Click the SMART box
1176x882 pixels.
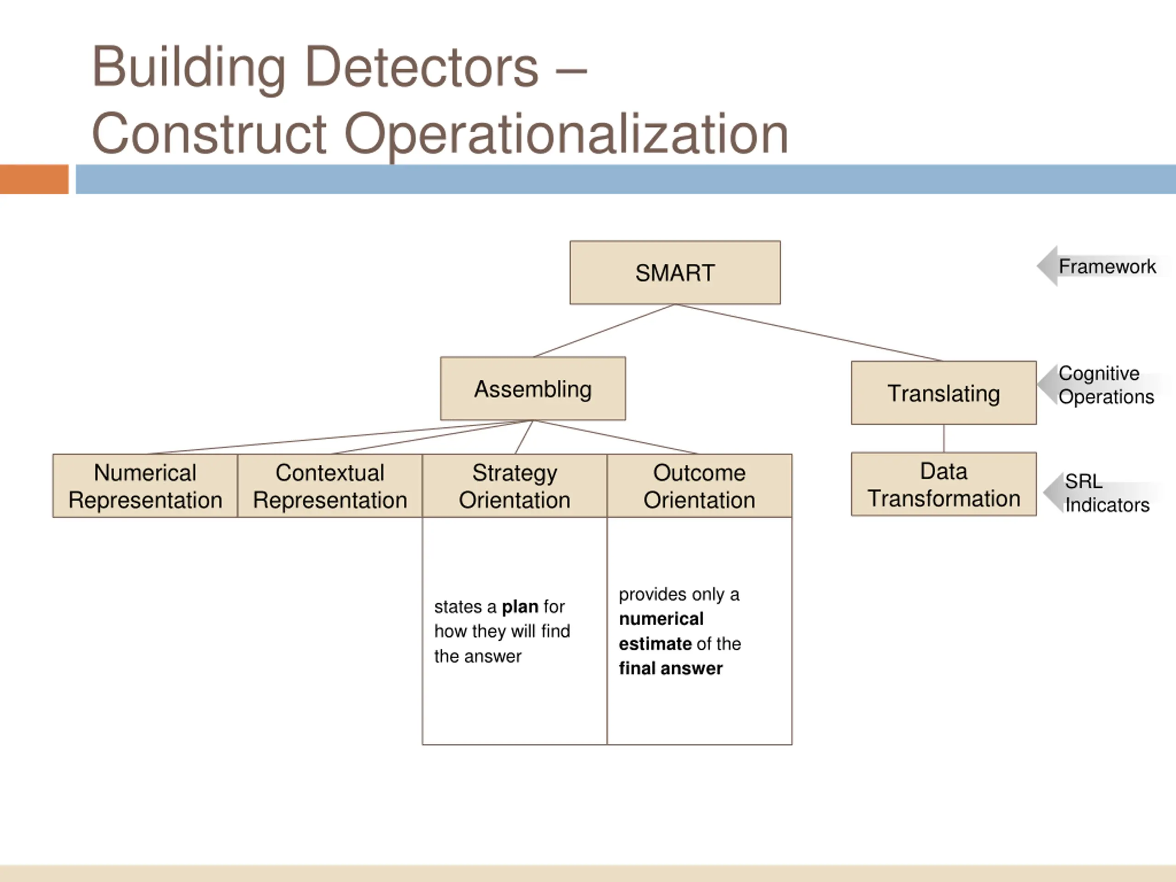[675, 272]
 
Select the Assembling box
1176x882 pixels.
[533, 389]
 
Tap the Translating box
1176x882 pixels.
[943, 393]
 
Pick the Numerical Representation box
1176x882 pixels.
[145, 486]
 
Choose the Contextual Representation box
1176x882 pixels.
[330, 486]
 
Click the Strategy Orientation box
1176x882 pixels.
[514, 486]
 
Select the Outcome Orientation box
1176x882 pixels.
[699, 486]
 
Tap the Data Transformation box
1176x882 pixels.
[943, 484]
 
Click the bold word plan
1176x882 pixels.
[520, 607]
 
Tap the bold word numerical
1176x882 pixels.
[661, 619]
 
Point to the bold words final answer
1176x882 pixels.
[670, 668]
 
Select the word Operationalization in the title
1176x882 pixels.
[566, 134]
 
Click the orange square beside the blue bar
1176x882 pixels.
[34, 179]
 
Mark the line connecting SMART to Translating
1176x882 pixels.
[808, 332]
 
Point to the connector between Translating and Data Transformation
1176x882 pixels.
[944, 439]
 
